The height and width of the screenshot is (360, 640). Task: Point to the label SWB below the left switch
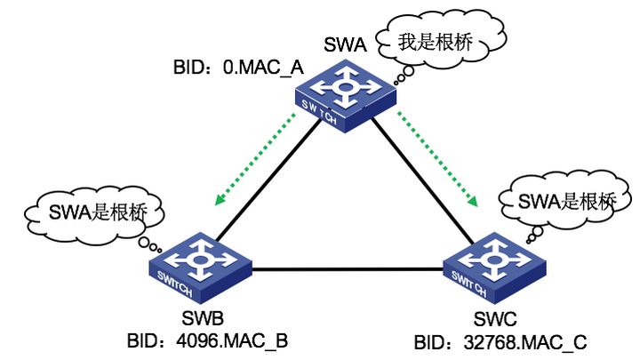(205, 318)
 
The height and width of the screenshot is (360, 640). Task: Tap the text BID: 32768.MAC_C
(500, 340)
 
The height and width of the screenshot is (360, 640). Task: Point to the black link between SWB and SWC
(347, 269)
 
